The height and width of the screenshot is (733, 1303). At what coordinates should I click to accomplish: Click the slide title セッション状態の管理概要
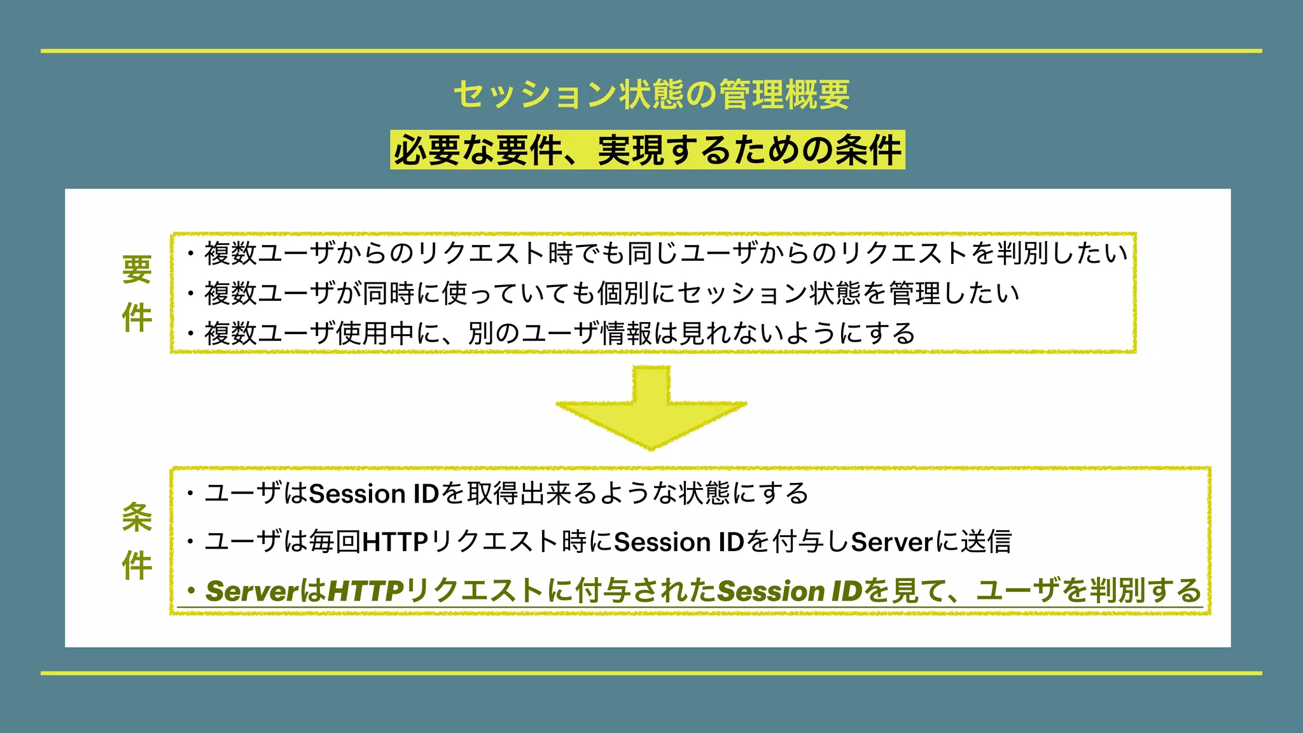click(x=651, y=94)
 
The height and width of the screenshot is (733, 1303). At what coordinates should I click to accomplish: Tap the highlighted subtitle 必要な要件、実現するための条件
click(x=648, y=151)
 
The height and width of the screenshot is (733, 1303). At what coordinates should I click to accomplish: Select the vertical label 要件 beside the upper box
click(x=137, y=293)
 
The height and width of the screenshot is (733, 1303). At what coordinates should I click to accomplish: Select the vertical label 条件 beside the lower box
click(x=137, y=541)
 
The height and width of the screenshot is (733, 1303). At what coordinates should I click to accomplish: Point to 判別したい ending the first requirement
click(x=1062, y=253)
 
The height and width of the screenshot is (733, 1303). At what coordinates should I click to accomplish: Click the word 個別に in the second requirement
click(x=636, y=293)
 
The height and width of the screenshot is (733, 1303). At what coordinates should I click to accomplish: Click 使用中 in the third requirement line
click(x=375, y=333)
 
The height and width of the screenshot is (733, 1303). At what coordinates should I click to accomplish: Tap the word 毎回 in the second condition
click(x=335, y=542)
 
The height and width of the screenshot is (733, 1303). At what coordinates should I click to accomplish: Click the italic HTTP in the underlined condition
click(x=366, y=591)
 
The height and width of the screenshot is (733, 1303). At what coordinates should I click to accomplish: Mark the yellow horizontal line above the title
click(x=651, y=51)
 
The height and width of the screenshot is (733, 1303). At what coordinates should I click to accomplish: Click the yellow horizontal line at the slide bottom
click(x=651, y=673)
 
